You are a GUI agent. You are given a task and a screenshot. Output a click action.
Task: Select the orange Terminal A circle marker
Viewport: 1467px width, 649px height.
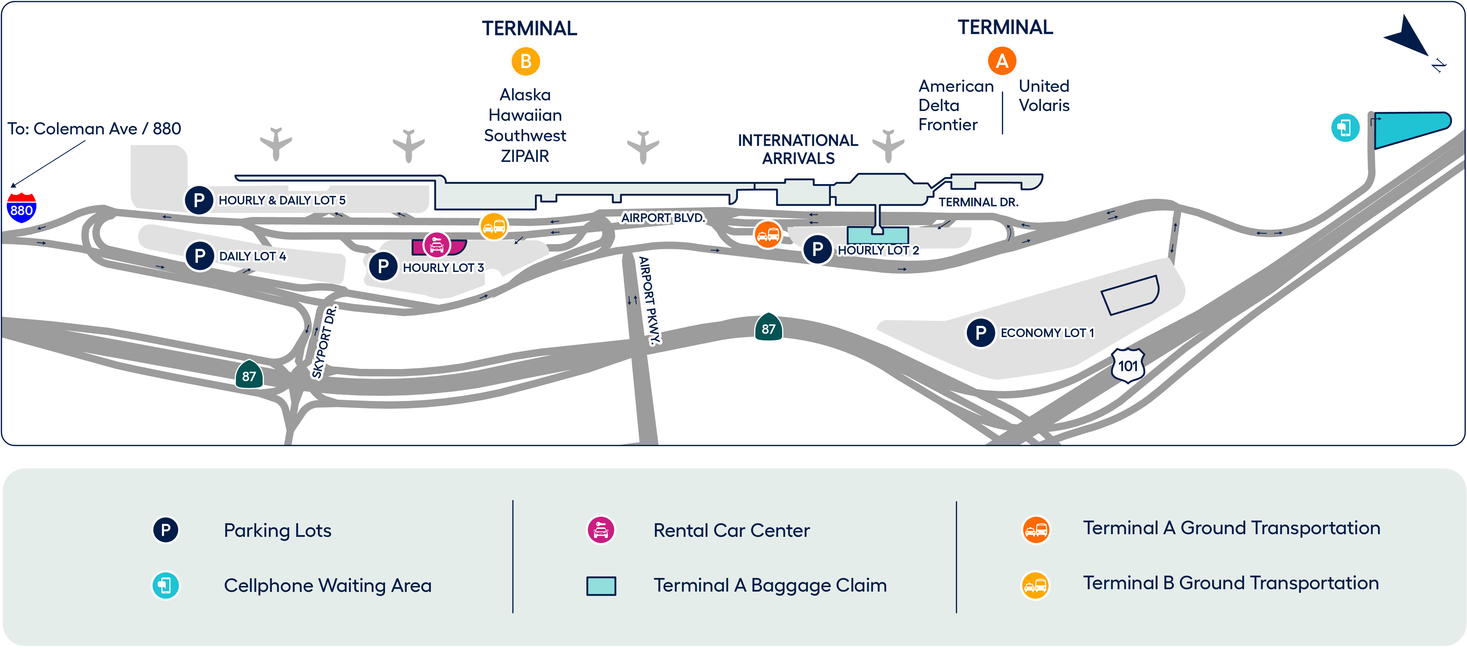point(1002,61)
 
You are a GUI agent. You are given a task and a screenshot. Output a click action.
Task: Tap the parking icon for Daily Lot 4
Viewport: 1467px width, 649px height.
point(199,256)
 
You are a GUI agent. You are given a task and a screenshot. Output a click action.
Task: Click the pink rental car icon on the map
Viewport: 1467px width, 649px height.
point(437,245)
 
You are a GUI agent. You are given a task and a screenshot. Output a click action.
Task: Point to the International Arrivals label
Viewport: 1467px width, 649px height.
point(798,149)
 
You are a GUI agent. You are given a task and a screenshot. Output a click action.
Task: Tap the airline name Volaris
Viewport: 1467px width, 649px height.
point(1044,105)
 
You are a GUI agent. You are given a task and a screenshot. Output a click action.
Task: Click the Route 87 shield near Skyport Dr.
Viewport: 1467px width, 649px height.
point(249,375)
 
